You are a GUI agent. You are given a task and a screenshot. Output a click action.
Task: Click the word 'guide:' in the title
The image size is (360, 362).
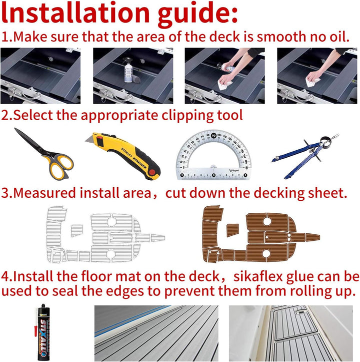point(197,14)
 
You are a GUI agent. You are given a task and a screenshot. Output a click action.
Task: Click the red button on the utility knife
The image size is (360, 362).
point(152,172)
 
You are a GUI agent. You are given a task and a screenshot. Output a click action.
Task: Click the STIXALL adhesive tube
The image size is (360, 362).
point(42,332)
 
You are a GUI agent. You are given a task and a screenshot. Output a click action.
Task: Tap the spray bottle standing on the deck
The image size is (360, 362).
point(128,70)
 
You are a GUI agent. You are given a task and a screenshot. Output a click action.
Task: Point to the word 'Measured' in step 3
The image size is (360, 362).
point(44,193)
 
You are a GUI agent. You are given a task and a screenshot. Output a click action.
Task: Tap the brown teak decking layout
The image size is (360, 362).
point(260,234)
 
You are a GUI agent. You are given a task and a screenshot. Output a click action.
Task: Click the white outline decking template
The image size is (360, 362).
point(105,234)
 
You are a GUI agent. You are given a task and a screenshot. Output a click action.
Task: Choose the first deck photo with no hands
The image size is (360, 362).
point(40,76)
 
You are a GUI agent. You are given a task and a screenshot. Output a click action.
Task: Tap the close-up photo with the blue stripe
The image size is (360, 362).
point(156,333)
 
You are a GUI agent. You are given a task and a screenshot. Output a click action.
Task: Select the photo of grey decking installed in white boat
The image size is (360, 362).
point(291,333)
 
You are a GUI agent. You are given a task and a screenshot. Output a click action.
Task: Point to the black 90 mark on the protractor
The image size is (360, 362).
point(214,136)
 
